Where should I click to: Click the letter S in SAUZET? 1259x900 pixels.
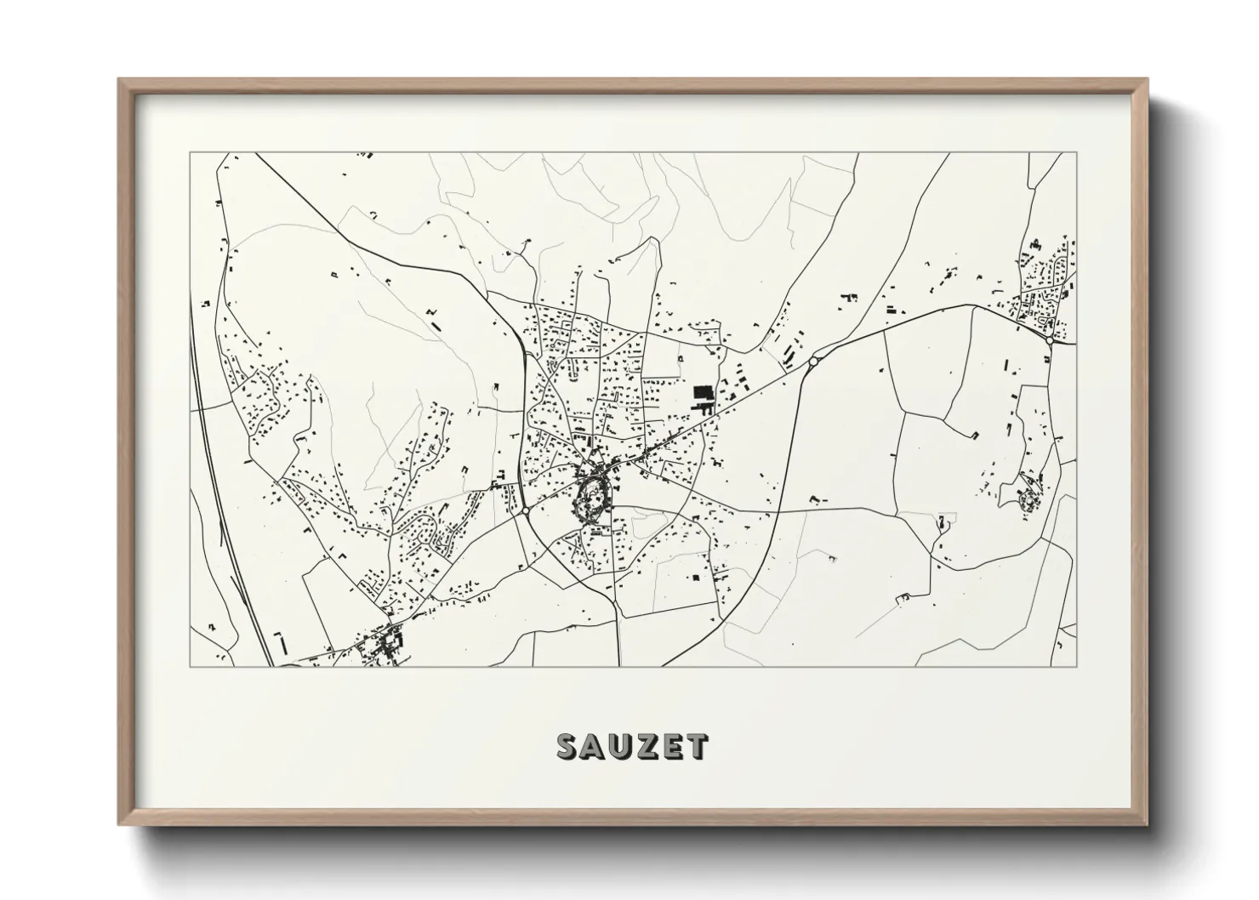[x=568, y=746]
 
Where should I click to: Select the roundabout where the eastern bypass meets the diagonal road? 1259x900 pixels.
[x=813, y=362]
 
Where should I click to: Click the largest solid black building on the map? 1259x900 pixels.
[x=703, y=393]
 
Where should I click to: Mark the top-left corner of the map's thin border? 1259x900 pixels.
[x=190, y=153]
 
